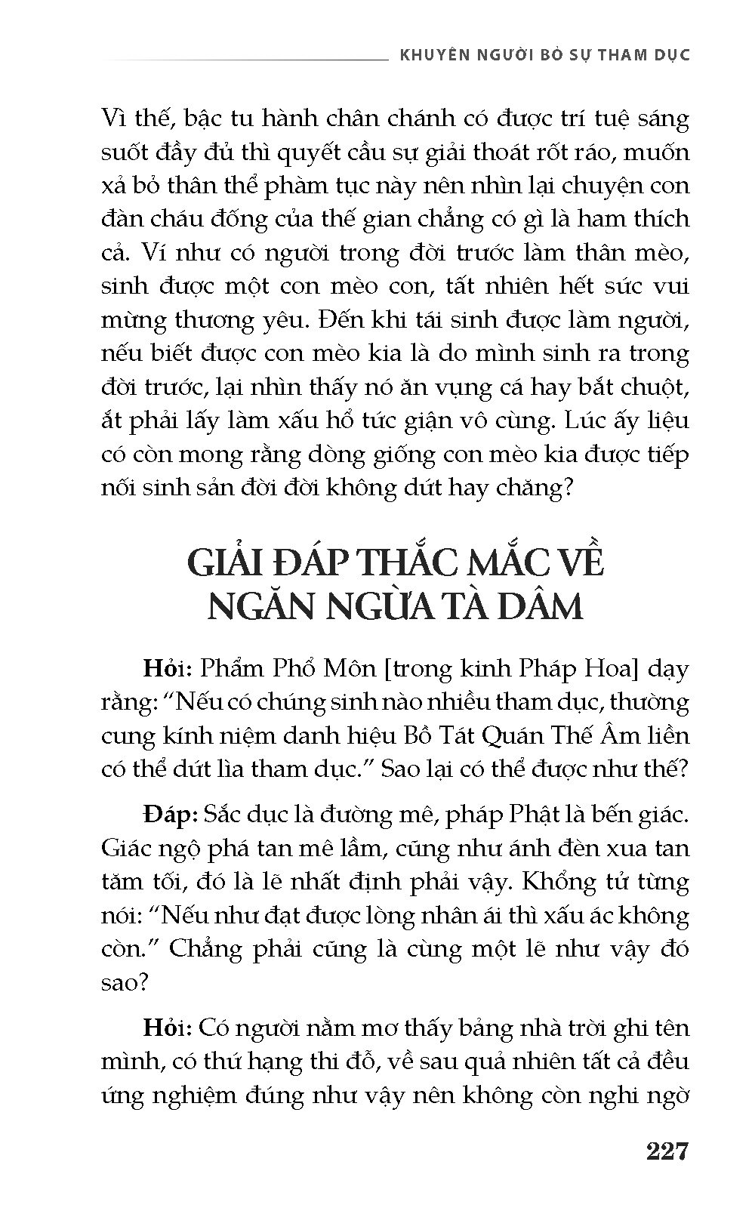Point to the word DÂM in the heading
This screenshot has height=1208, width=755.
pos(547,607)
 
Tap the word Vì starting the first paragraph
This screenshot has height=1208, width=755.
pos(116,119)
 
